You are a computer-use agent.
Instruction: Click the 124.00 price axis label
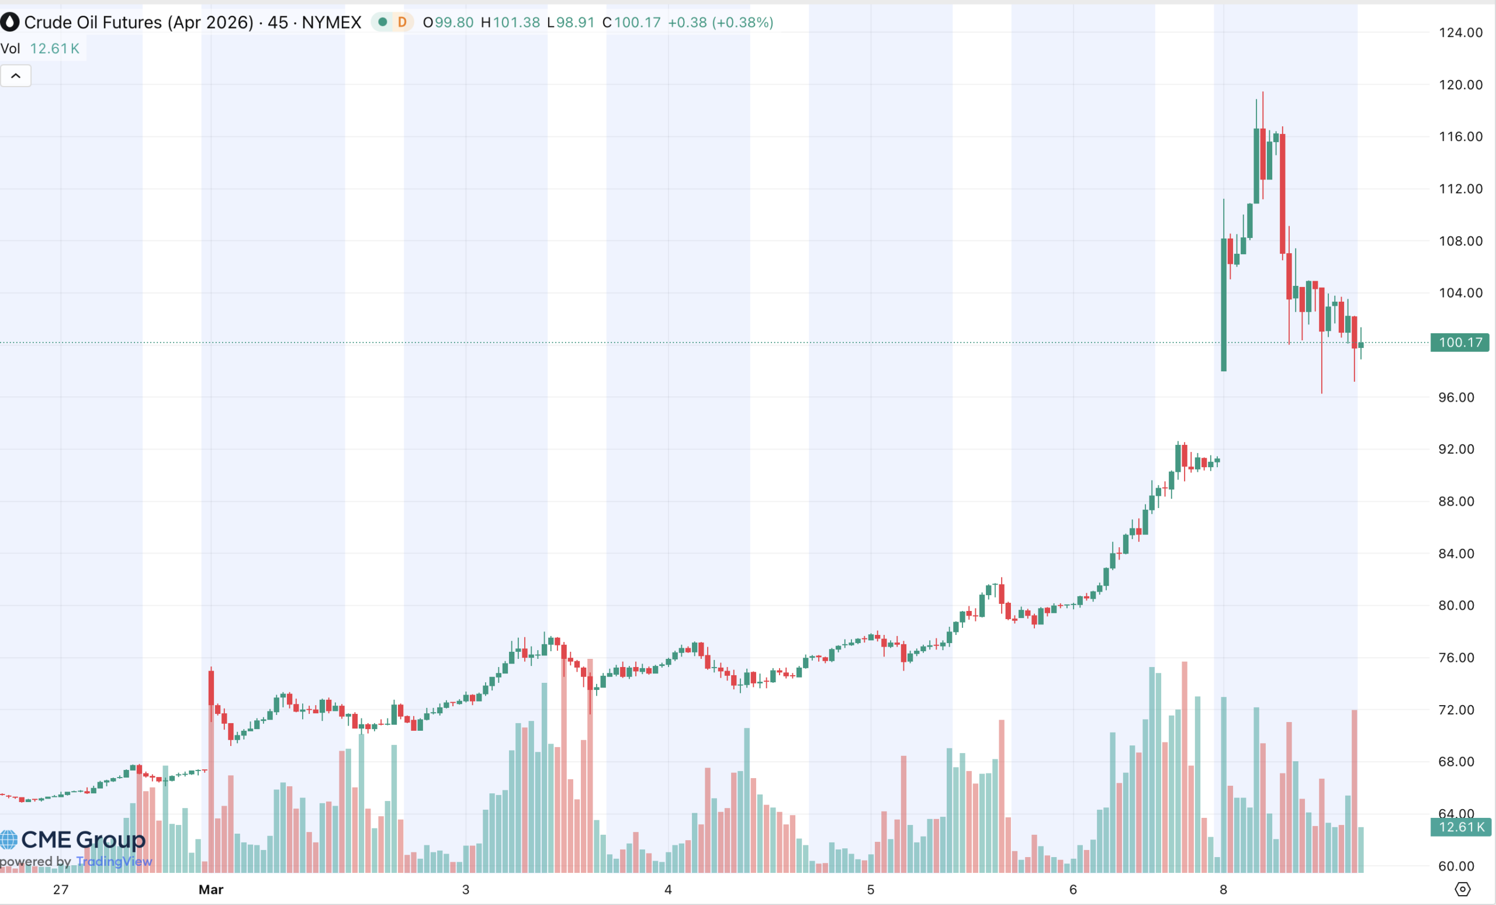click(1460, 33)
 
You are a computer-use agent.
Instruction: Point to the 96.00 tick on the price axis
click(1456, 397)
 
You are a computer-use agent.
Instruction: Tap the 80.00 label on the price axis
click(1456, 606)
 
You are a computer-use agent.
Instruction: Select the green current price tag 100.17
click(1460, 343)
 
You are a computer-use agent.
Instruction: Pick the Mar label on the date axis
click(211, 890)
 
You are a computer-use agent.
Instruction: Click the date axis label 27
click(61, 890)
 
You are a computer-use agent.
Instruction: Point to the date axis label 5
click(870, 890)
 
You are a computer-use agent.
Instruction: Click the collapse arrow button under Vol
click(16, 76)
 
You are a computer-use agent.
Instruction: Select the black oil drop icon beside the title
click(10, 22)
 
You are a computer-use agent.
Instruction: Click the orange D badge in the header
click(402, 22)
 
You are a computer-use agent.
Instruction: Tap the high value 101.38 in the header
click(516, 22)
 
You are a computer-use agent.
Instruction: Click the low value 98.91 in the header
click(575, 22)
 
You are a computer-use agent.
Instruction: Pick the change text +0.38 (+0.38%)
click(721, 22)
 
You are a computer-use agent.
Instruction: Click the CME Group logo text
click(83, 840)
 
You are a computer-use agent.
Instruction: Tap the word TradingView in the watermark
click(114, 861)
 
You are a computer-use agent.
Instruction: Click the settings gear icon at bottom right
click(1463, 890)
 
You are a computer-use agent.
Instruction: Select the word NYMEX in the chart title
click(331, 22)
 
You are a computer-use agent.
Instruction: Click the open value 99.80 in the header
click(454, 22)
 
